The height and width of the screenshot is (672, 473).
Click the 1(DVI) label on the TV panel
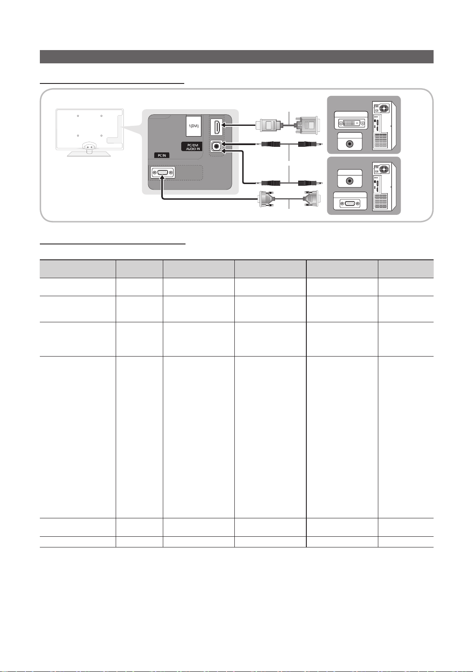[x=193, y=126]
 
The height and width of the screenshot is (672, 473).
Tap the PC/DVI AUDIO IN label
[x=193, y=147]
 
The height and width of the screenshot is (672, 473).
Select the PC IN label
[x=162, y=155]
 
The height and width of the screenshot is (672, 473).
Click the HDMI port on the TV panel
[x=216, y=127]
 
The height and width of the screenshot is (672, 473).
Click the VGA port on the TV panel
[x=162, y=172]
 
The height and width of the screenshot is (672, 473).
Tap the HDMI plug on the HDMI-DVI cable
[x=269, y=125]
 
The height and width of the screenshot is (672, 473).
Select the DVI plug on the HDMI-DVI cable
[x=307, y=125]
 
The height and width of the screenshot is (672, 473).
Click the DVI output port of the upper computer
[x=351, y=123]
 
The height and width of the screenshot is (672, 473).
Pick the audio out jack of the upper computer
[x=350, y=144]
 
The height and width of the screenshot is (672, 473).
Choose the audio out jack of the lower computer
[x=349, y=181]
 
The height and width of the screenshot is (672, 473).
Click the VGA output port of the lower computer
[x=350, y=204]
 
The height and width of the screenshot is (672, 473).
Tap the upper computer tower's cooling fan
[x=384, y=108]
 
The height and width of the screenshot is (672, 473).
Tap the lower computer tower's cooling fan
[x=384, y=169]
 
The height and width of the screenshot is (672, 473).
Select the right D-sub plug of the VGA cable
[x=311, y=198]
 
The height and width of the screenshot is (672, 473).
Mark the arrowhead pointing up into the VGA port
[x=162, y=178]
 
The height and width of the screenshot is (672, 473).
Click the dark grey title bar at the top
[x=236, y=56]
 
